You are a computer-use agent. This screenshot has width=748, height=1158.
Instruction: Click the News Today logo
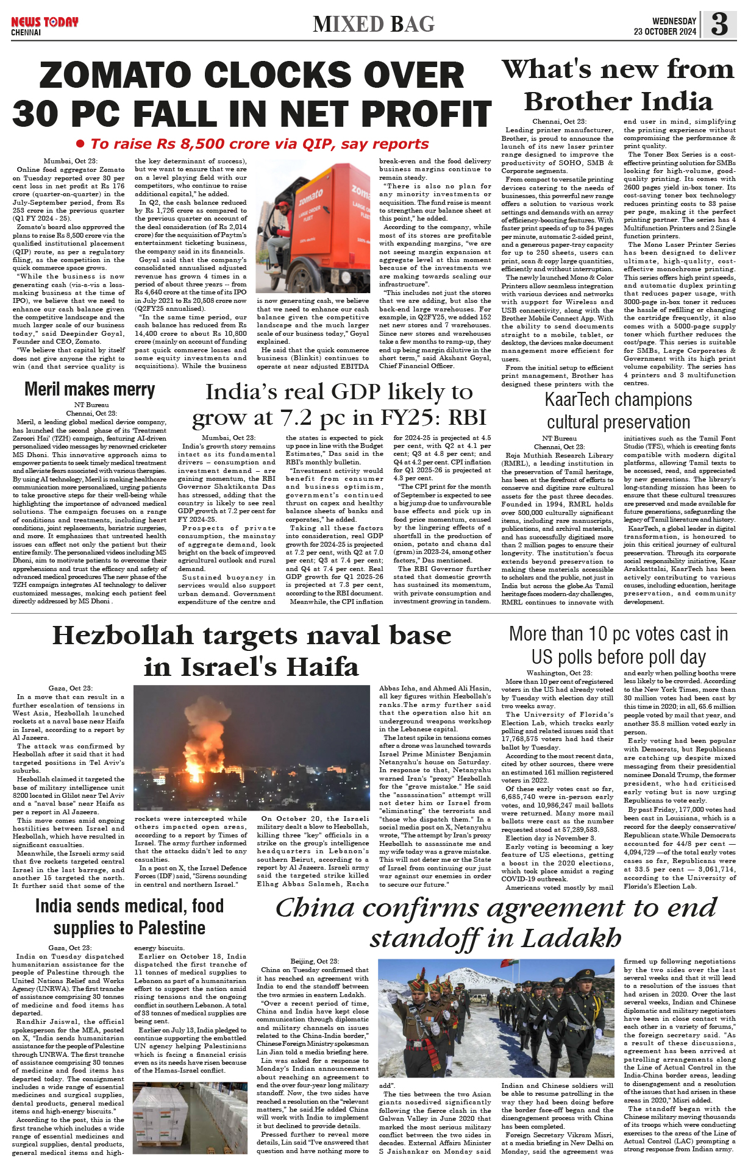click(45, 22)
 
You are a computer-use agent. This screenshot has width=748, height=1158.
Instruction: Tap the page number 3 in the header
click(719, 24)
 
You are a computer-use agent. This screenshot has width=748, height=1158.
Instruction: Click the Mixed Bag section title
click(374, 24)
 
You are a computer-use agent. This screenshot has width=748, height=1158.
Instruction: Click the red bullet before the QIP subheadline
click(80, 144)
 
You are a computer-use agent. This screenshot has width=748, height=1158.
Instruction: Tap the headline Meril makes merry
click(90, 389)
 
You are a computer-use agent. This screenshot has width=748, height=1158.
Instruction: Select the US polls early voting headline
click(618, 645)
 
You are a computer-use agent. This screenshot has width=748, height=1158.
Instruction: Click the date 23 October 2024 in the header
click(664, 32)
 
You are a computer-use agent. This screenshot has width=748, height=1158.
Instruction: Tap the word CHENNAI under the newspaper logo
click(26, 32)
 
